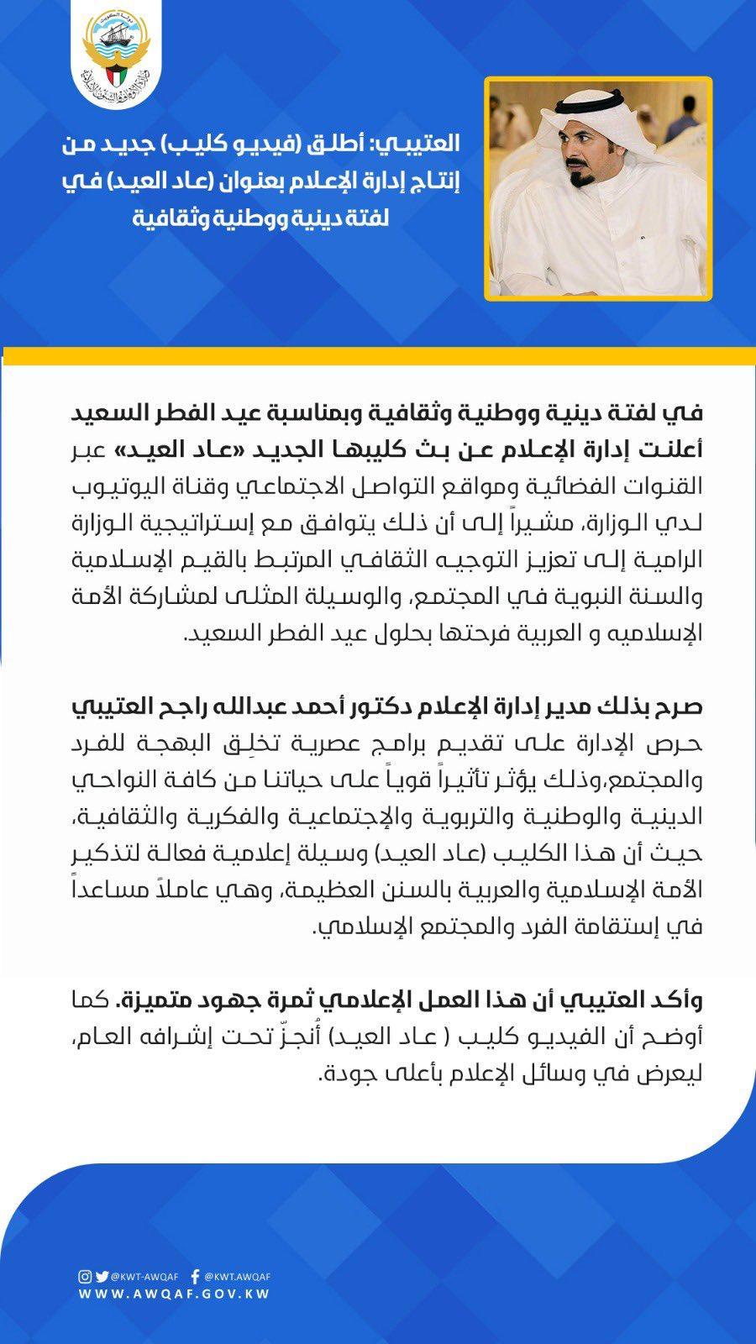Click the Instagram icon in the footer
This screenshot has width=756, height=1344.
point(86,1277)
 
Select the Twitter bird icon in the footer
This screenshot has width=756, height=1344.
point(102,1277)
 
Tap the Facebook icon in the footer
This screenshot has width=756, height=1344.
point(195,1277)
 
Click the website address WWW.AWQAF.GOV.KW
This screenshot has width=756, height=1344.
point(174,1294)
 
